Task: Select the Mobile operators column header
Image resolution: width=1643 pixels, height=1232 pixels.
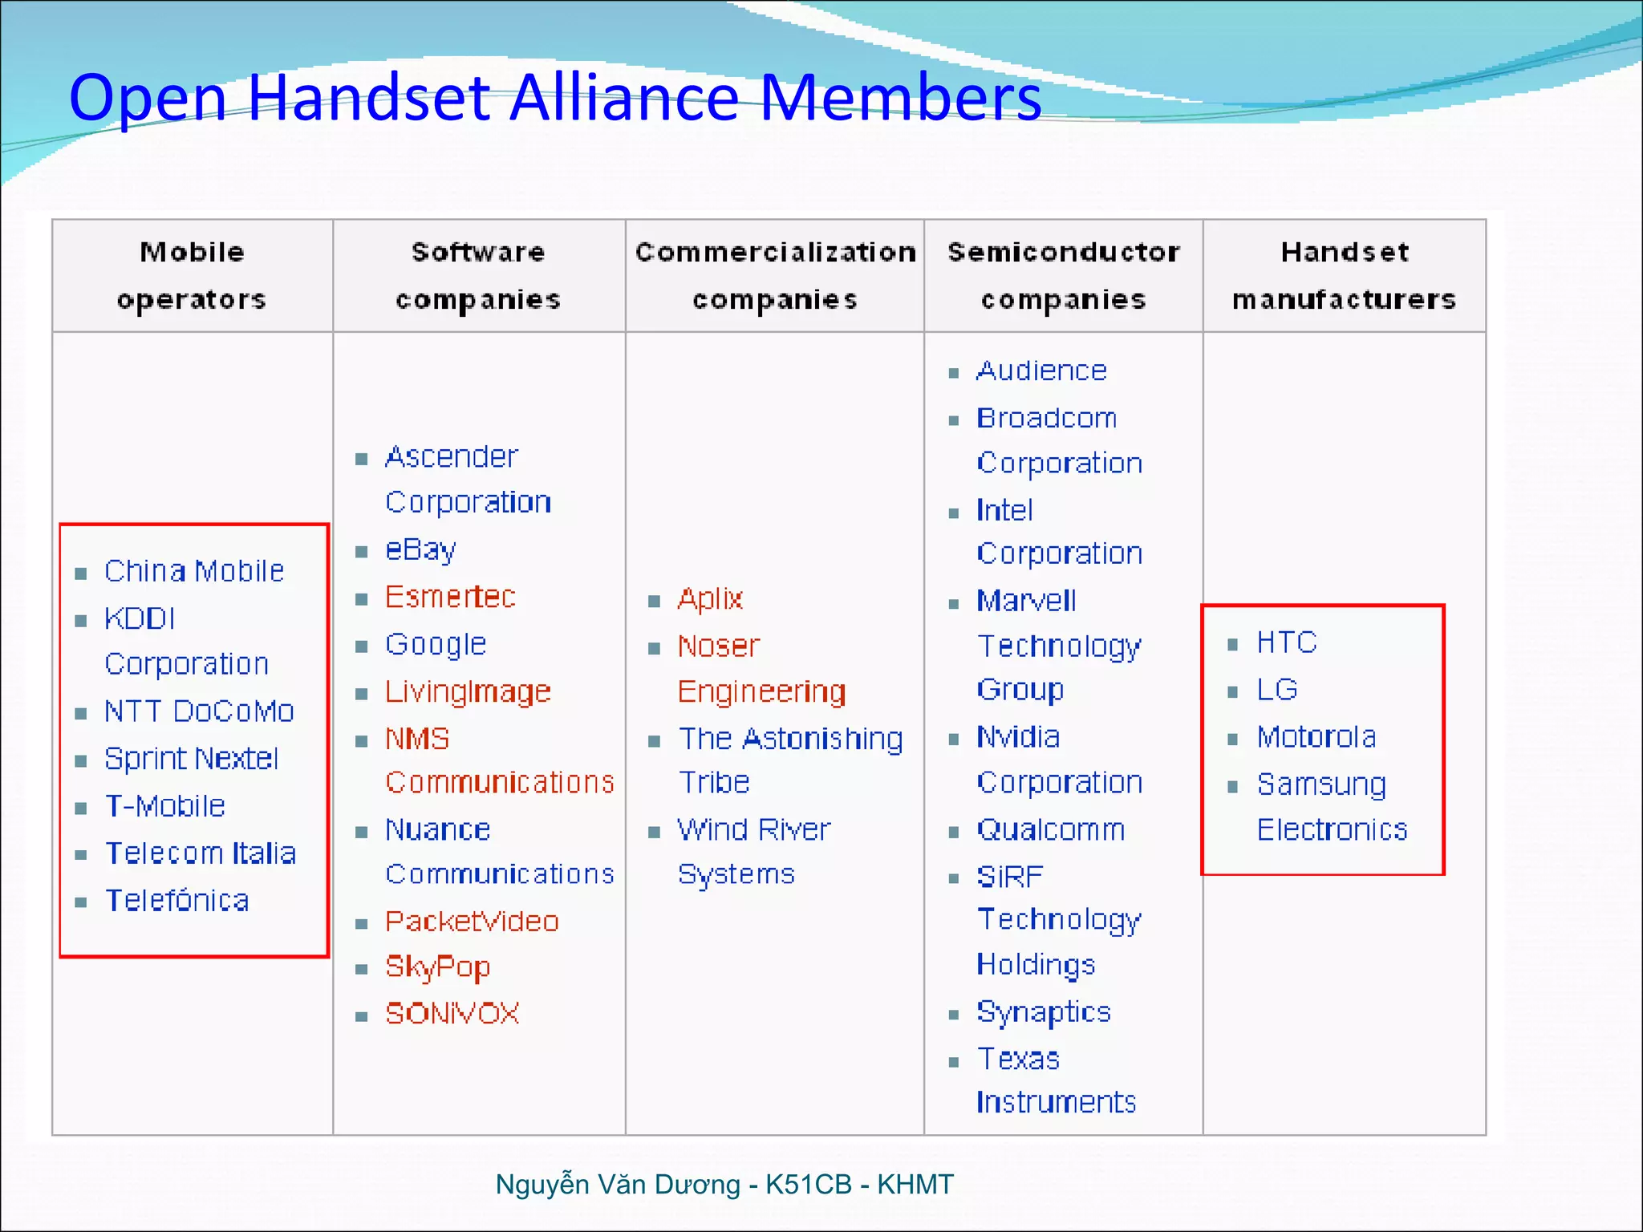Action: pyautogui.click(x=192, y=275)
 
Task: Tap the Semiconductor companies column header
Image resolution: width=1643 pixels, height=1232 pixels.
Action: pyautogui.click(x=1063, y=275)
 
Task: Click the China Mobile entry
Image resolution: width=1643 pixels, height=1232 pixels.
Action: pyautogui.click(x=194, y=571)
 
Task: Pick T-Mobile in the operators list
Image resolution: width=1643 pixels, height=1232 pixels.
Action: pyautogui.click(x=165, y=806)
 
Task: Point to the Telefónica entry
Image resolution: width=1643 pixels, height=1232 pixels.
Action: pyautogui.click(x=177, y=901)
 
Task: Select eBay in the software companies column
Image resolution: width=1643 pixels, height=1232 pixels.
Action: pyautogui.click(x=420, y=550)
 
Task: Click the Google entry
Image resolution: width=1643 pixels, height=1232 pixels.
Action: pyautogui.click(x=436, y=644)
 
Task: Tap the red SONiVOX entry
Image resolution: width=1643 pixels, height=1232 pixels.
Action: pyautogui.click(x=452, y=1014)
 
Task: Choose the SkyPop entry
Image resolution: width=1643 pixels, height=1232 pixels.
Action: pyautogui.click(x=437, y=967)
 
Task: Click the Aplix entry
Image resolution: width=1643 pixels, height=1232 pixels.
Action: pyautogui.click(x=710, y=599)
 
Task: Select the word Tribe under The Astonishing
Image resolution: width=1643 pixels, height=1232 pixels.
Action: pyautogui.click(x=714, y=782)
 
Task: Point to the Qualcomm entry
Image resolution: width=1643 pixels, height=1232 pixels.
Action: pyautogui.click(x=1050, y=829)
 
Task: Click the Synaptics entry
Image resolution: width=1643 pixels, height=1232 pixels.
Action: pyautogui.click(x=1044, y=1012)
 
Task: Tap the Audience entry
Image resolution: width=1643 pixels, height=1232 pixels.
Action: pyautogui.click(x=1041, y=371)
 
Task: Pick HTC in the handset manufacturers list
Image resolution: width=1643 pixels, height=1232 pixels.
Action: pyautogui.click(x=1287, y=642)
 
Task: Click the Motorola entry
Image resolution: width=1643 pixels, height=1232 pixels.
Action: pyautogui.click(x=1316, y=737)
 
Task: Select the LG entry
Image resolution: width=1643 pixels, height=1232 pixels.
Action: pyautogui.click(x=1277, y=690)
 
